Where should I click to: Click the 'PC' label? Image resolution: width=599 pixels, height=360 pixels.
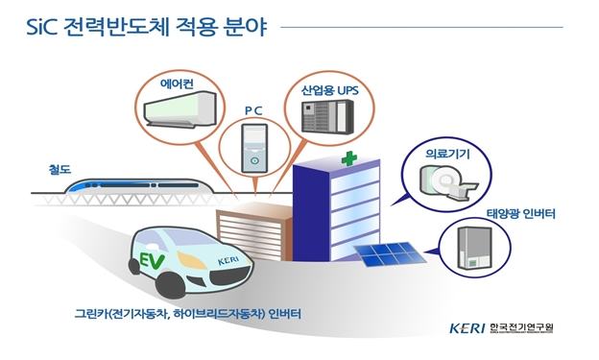[x=252, y=111]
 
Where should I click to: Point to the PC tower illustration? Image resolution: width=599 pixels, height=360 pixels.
[x=253, y=149]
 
